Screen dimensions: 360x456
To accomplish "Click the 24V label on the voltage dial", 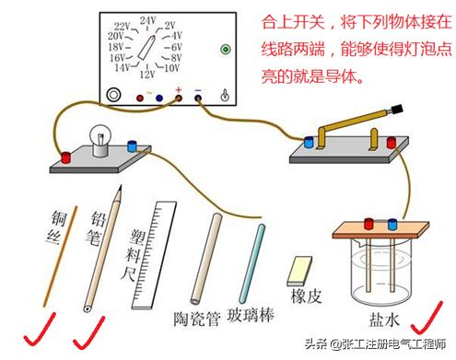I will (148, 19).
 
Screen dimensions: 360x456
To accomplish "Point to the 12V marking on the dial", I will (148, 75).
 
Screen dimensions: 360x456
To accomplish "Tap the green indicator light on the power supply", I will (225, 49).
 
